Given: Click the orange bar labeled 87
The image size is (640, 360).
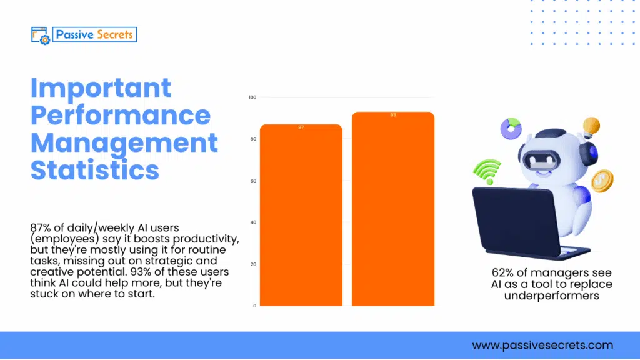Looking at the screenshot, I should pos(301,216).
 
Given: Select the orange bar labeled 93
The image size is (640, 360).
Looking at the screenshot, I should pos(392,209).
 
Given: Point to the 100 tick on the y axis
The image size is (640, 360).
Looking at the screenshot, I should pos(252,97).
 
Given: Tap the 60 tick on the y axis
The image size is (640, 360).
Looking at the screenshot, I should pos(253,181).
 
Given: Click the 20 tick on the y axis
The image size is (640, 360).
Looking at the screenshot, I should pos(253,264).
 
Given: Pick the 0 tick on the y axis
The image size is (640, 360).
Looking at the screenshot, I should pos(254,306).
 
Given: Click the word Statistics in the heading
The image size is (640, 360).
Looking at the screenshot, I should pos(95,170).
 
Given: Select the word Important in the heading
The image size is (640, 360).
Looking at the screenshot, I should pos(101,87).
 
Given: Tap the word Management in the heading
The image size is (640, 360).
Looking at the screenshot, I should pos(124,142).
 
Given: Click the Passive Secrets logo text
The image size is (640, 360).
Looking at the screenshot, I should pos(94,34).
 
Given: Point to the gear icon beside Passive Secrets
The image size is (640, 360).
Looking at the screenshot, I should pos(44,39).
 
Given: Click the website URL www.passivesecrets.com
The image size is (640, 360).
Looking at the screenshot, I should pos(542,345).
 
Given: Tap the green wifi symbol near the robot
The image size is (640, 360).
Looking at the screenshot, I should pos(487,171).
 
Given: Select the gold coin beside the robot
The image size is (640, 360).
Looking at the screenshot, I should pos(602,180).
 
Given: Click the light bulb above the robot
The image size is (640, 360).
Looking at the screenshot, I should pos(590,127).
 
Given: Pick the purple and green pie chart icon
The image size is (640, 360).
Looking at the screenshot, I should pos(511,128).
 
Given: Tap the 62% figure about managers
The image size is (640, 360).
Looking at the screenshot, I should pos(504,273).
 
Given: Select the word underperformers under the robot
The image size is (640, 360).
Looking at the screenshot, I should pos(551,296).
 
